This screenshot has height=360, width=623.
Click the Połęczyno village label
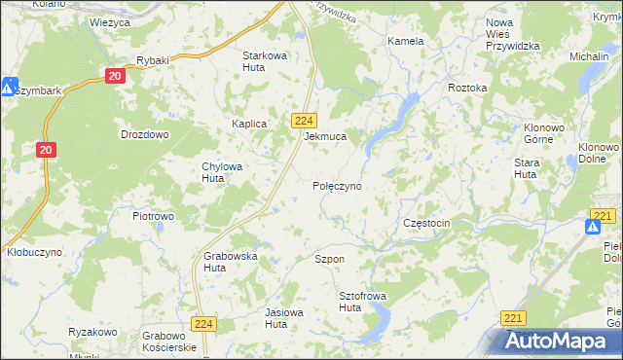(x=337, y=185)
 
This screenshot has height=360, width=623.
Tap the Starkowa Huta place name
(x=265, y=61)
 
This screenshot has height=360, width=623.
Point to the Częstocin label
(x=426, y=223)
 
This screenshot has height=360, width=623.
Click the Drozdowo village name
(x=144, y=134)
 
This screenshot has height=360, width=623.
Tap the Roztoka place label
(x=467, y=88)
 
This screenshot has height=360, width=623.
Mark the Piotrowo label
(x=153, y=215)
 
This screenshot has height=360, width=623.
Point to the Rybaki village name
(x=153, y=60)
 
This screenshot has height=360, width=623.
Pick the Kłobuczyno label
(x=34, y=251)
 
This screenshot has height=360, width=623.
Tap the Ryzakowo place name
(x=92, y=332)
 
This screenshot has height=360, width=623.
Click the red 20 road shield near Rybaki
(x=115, y=75)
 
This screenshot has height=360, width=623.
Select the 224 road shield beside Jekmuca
(x=302, y=119)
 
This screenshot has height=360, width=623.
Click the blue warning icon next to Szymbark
(x=9, y=88)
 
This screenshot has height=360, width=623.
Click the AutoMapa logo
(x=559, y=342)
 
